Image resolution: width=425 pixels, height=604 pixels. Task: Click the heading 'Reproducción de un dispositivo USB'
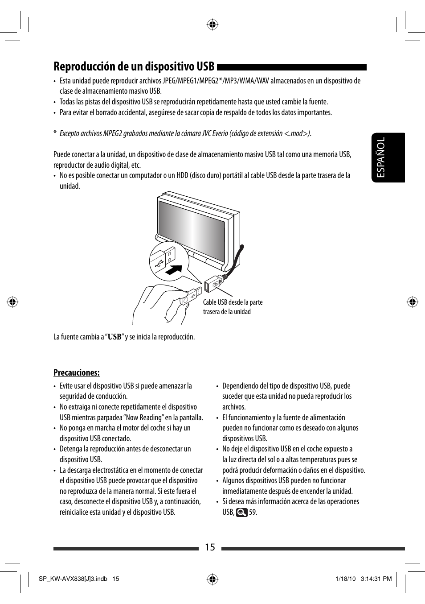pyautogui.click(x=134, y=67)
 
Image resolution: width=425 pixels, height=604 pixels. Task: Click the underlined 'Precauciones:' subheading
pyautogui.click(x=76, y=372)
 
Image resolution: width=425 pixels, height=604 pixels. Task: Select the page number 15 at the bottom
pyautogui.click(x=210, y=547)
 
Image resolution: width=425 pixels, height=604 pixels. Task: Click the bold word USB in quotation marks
pyautogui.click(x=114, y=337)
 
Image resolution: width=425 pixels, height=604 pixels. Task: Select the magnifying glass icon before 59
pyautogui.click(x=241, y=513)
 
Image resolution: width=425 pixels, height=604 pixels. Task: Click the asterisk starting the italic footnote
pyautogui.click(x=55, y=133)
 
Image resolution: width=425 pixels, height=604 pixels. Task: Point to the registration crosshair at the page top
pyautogui.click(x=212, y=25)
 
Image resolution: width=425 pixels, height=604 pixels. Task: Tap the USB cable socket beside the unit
pyautogui.click(x=213, y=283)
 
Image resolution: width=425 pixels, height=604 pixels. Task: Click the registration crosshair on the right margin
pyautogui.click(x=413, y=302)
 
